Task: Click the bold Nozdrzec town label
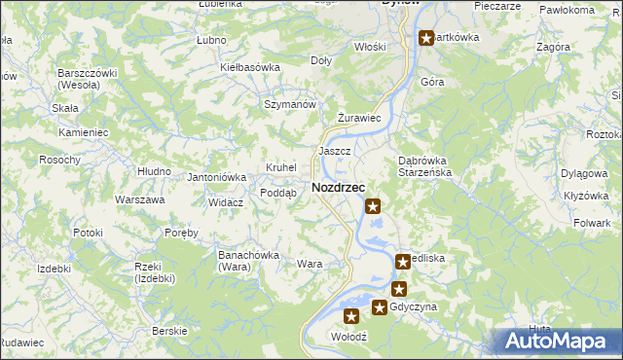338,188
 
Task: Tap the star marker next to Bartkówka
426,39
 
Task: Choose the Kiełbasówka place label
250,67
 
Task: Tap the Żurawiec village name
357,118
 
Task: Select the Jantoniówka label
216,177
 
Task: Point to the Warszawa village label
139,199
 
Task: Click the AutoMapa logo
561,340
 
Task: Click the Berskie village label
169,331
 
